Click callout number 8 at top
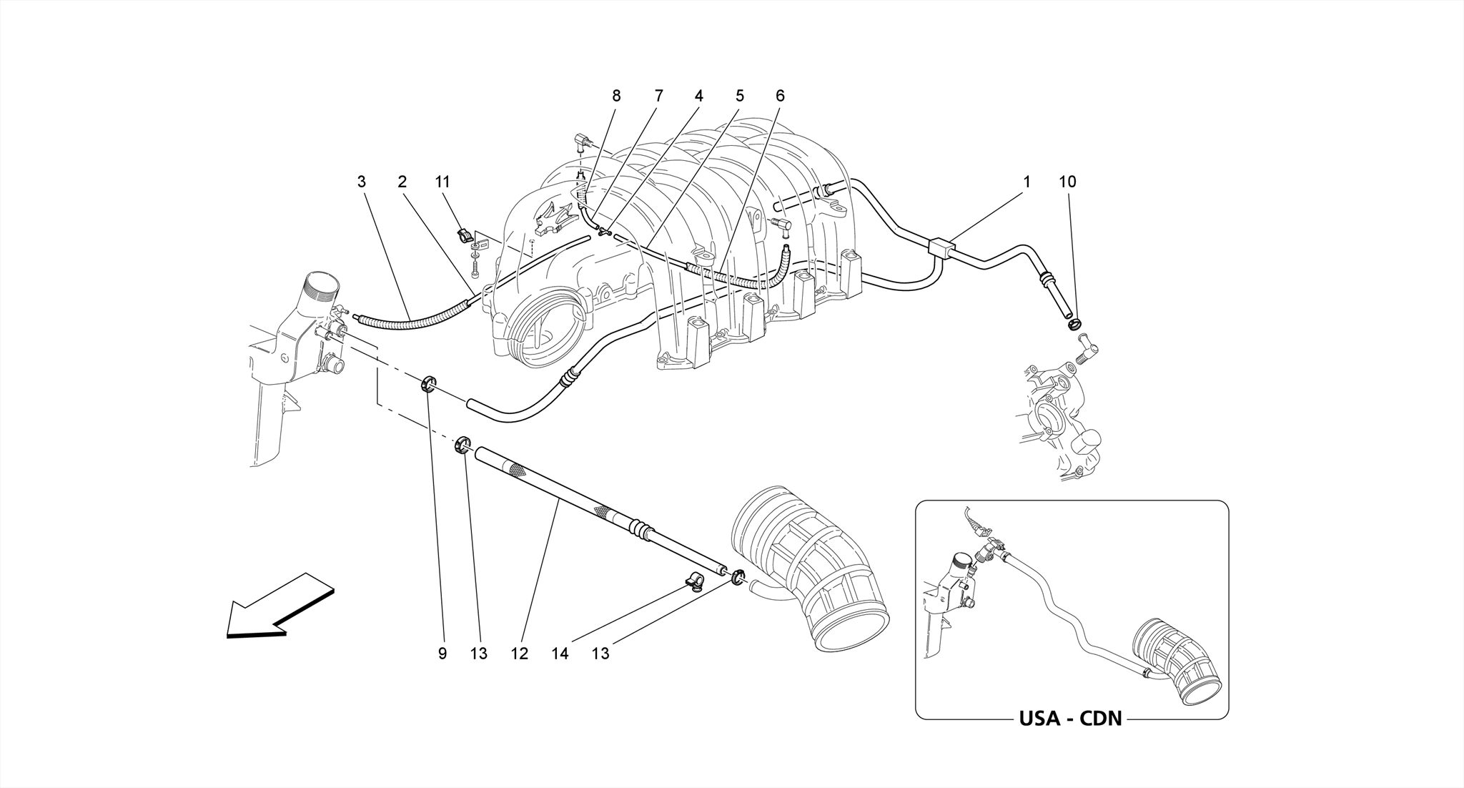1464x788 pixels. pyautogui.click(x=616, y=96)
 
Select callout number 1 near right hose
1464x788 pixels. pyautogui.click(x=1027, y=182)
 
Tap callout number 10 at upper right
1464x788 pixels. pyautogui.click(x=1067, y=182)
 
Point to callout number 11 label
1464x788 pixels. pyautogui.click(x=442, y=182)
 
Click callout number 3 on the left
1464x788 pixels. pyautogui.click(x=362, y=182)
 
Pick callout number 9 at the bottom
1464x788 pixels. pyautogui.click(x=442, y=653)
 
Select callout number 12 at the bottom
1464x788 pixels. pyautogui.click(x=519, y=653)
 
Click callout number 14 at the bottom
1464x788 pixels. pyautogui.click(x=560, y=653)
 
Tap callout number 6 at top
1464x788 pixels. pyautogui.click(x=780, y=96)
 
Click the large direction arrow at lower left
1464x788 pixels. pyautogui.click(x=279, y=609)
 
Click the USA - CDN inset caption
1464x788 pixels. pyautogui.click(x=1070, y=718)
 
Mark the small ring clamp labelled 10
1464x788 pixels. pyautogui.click(x=1073, y=325)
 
